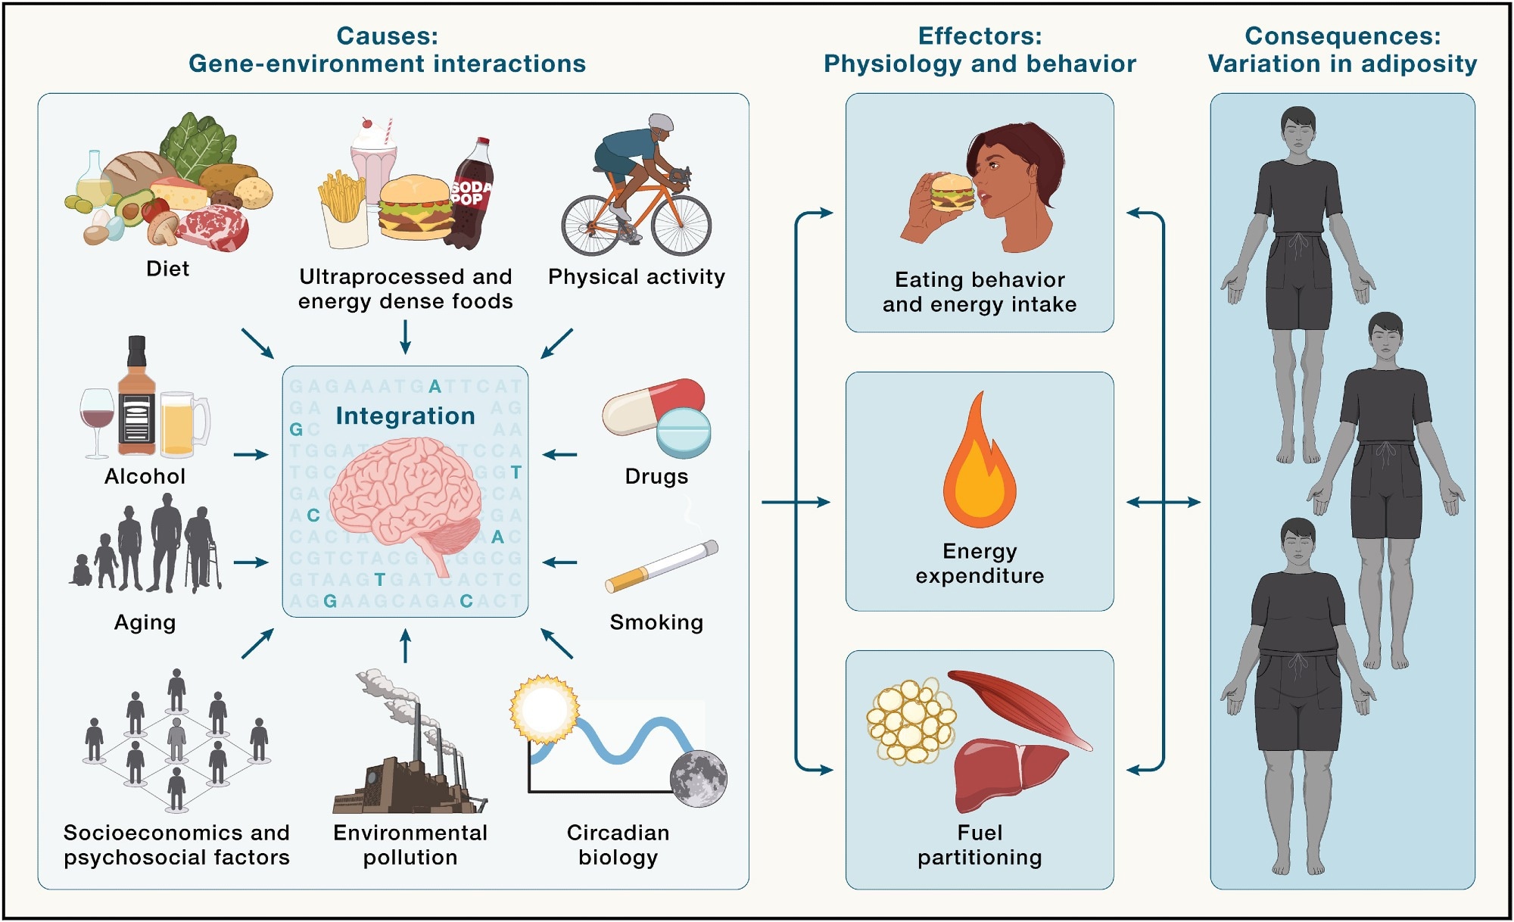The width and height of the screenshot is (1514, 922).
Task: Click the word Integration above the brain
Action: [x=405, y=416]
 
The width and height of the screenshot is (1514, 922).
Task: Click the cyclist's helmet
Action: [x=660, y=123]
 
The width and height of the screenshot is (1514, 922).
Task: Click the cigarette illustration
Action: [x=662, y=565]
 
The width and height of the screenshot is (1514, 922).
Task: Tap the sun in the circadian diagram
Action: [x=544, y=710]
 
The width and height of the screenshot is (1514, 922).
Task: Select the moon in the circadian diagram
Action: [x=698, y=777]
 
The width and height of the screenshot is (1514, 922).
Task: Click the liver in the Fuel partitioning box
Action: [x=1003, y=771]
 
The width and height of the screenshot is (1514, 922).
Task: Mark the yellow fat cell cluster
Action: [x=911, y=721]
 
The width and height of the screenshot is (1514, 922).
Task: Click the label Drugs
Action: [x=656, y=476]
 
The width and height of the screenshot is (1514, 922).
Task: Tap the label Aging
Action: [x=145, y=622]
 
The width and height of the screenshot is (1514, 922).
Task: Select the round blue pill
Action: [x=684, y=432]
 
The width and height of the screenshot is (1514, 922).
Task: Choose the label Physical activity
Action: [x=636, y=276]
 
